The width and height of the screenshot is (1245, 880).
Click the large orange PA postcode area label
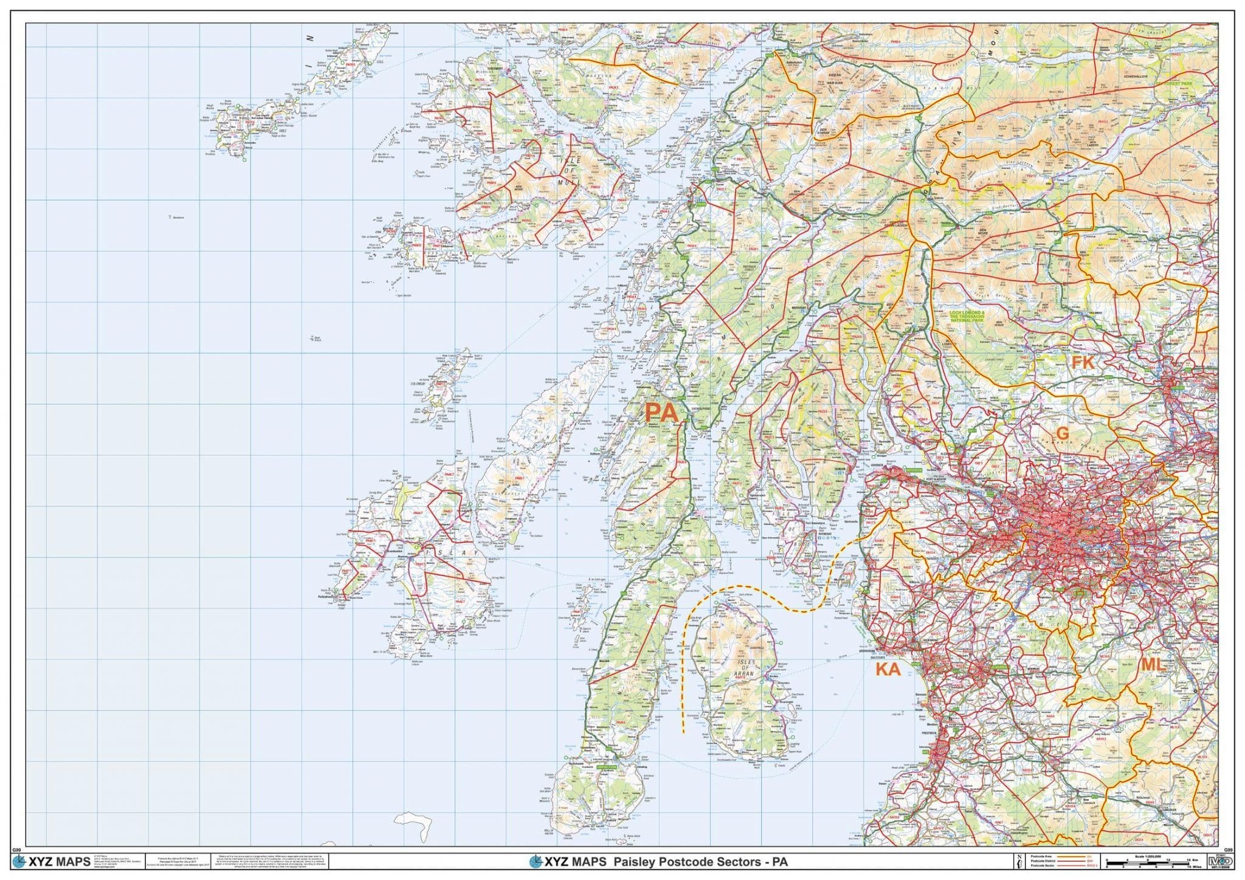(x=661, y=413)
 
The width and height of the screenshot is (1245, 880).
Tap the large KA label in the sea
(x=887, y=670)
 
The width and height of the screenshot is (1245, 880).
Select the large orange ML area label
(x=1153, y=664)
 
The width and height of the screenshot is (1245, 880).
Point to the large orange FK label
(x=1082, y=363)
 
